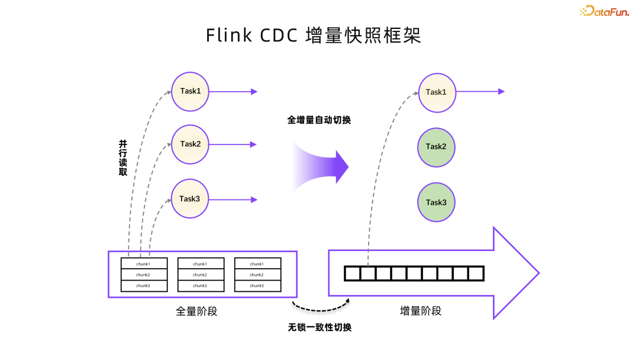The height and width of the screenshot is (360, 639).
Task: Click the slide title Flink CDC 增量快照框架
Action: coord(314,35)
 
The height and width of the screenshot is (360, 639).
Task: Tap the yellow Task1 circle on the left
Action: coord(190,91)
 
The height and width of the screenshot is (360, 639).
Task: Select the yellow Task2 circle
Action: coord(190,144)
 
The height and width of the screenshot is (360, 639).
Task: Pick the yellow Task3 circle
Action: coord(190,199)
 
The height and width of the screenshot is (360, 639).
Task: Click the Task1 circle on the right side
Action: coord(436,92)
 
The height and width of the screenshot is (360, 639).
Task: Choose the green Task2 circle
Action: coord(436,146)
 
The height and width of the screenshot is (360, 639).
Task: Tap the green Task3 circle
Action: coord(436,202)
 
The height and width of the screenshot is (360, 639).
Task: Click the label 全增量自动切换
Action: coord(319,120)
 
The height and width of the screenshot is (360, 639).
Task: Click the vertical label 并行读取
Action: coord(123,157)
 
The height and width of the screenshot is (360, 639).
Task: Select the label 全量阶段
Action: coord(196,311)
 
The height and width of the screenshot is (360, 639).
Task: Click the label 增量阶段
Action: coord(421,311)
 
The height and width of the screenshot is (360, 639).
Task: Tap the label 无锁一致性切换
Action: coord(319,327)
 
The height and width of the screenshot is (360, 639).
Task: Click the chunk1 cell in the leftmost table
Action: coord(143,264)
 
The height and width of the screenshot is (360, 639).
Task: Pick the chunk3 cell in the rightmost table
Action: coord(257,286)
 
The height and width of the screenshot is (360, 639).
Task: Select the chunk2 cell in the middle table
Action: coord(200,275)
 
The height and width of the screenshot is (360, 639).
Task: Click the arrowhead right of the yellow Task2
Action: coord(254,144)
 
